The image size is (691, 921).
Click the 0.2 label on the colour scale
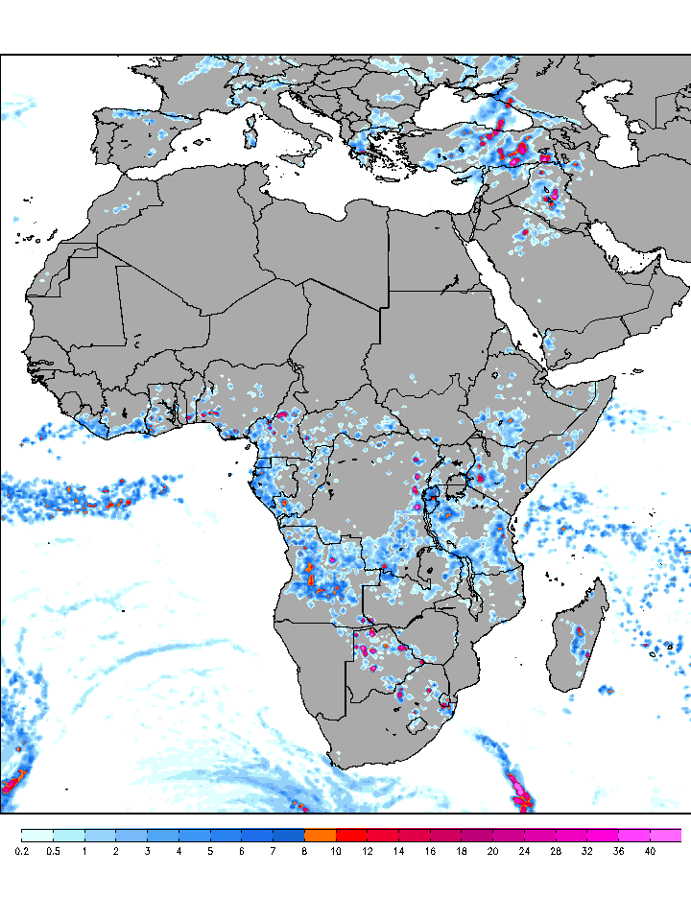pyautogui.click(x=21, y=850)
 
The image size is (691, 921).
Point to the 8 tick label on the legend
pyautogui.click(x=304, y=850)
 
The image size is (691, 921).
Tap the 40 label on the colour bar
pyautogui.click(x=650, y=850)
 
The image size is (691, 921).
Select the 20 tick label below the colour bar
pyautogui.click(x=492, y=850)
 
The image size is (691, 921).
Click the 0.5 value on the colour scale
pyautogui.click(x=53, y=850)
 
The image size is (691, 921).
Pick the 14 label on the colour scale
pyautogui.click(x=398, y=850)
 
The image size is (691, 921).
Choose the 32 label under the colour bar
pyautogui.click(x=586, y=850)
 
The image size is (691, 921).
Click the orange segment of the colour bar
pyautogui.click(x=320, y=835)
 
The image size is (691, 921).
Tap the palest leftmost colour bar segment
pyautogui.click(x=36, y=835)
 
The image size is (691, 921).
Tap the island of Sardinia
pyautogui.click(x=251, y=130)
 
